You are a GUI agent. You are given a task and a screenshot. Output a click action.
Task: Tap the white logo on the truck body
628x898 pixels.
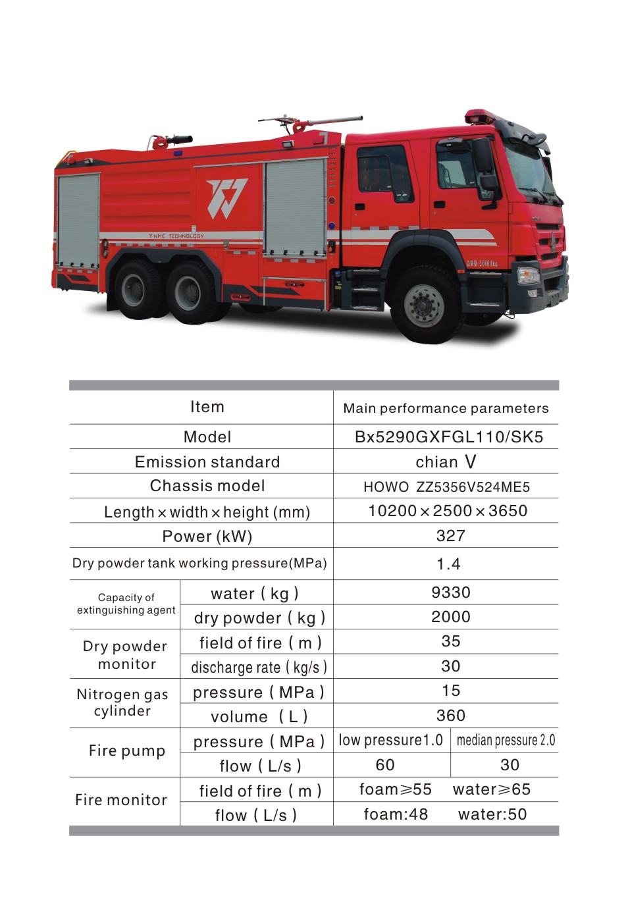pos(226,198)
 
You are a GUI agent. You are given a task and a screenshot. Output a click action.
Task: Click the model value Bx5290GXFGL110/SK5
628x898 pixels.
pos(448,437)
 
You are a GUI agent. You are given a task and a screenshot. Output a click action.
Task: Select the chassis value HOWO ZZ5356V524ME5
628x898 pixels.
pos(446,487)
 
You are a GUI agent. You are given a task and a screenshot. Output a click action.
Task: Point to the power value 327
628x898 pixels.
pos(450,536)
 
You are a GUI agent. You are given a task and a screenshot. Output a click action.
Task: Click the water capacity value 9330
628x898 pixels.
pos(450,593)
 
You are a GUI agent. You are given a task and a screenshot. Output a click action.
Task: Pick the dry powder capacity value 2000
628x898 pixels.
pos(450,617)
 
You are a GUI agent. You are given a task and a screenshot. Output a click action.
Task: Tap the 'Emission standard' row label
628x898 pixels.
pos(207,462)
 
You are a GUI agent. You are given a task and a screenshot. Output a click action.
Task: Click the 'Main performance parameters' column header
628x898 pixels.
pos(446,408)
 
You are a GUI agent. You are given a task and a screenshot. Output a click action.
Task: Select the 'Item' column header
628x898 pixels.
pos(207,407)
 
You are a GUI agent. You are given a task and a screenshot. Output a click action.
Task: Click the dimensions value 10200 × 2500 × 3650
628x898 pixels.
pos(448,511)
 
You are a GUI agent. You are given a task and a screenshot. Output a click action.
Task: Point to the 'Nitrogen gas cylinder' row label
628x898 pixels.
pos(122,702)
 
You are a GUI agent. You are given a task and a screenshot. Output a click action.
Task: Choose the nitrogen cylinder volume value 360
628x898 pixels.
pos(450,716)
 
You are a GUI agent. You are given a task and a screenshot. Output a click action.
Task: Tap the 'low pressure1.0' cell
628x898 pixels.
pos(390,740)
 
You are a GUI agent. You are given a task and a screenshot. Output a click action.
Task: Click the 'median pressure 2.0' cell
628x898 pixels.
pos(506,740)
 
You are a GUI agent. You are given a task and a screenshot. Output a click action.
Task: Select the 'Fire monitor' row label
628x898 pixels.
pos(121,800)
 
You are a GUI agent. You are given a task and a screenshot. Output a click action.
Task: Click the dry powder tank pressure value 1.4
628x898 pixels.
pos(448,564)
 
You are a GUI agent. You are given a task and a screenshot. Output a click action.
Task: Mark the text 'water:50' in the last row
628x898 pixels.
pos(492,814)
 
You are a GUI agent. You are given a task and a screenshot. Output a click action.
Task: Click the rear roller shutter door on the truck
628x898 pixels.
pos(78,220)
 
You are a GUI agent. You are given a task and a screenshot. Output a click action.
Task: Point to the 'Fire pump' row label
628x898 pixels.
pos(126,751)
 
